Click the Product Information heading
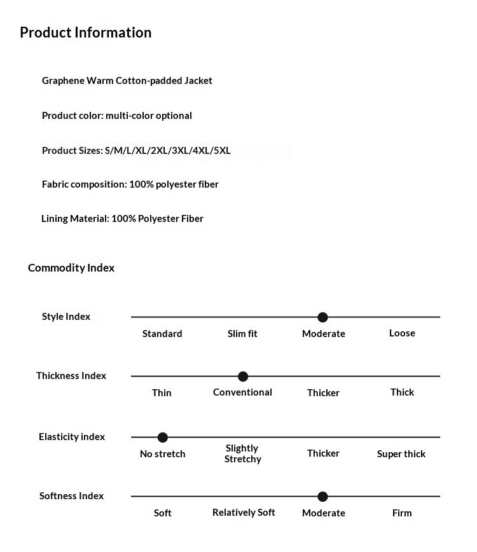tap(85, 32)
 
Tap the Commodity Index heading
tap(71, 268)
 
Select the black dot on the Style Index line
tap(322, 317)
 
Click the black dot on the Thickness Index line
tap(242, 376)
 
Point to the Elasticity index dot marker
tap(162, 438)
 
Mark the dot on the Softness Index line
tap(322, 497)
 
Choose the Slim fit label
tap(242, 333)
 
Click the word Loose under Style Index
tap(402, 333)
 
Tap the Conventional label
tap(242, 392)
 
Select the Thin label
tap(162, 393)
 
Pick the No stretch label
tap(162, 454)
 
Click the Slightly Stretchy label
tap(242, 453)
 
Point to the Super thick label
tap(401, 454)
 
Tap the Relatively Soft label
tap(244, 513)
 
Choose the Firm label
tap(402, 513)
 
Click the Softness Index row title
tap(71, 496)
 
